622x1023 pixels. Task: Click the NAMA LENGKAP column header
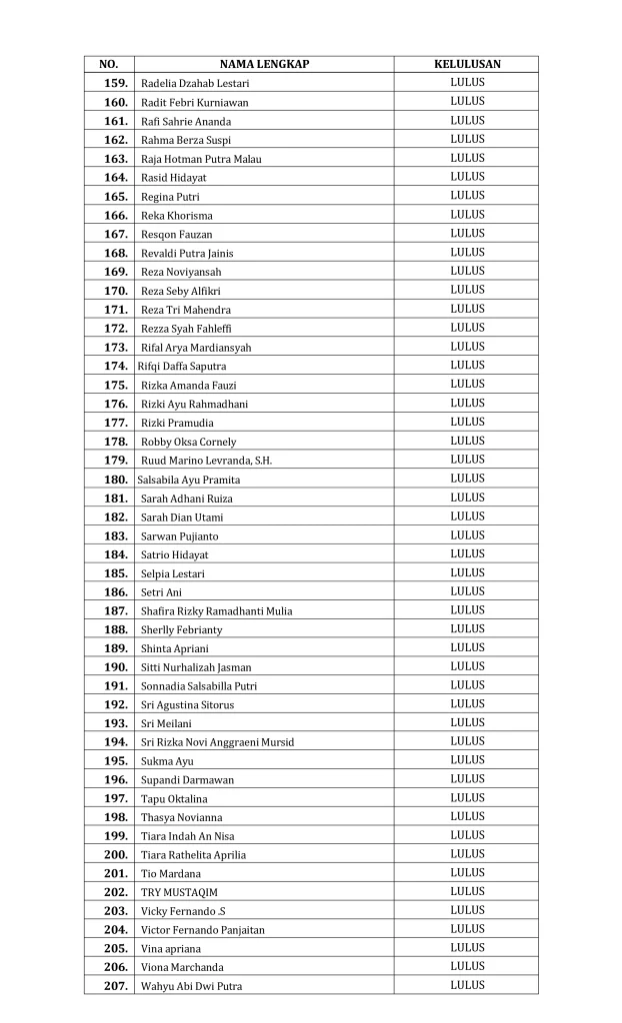tap(264, 65)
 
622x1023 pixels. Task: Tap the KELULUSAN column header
tap(467, 65)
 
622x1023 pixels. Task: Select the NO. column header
tap(109, 65)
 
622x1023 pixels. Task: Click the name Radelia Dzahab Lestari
tap(195, 84)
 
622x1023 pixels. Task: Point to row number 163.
tap(116, 159)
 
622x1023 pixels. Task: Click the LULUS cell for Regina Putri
tap(467, 196)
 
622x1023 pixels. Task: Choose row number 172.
tap(116, 328)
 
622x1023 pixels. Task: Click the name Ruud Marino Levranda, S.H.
tap(206, 461)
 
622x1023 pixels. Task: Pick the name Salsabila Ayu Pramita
tap(188, 480)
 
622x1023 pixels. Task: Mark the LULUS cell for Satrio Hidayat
tap(467, 554)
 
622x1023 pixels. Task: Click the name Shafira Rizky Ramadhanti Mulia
tap(216, 611)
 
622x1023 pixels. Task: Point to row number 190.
tap(116, 667)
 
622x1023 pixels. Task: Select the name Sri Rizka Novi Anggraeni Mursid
tap(217, 742)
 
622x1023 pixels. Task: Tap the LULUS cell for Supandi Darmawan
tap(467, 779)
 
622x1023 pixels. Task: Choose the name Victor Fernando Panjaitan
tap(203, 930)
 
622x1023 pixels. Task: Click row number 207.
tap(116, 986)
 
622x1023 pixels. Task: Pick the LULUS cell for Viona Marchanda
tap(467, 967)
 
